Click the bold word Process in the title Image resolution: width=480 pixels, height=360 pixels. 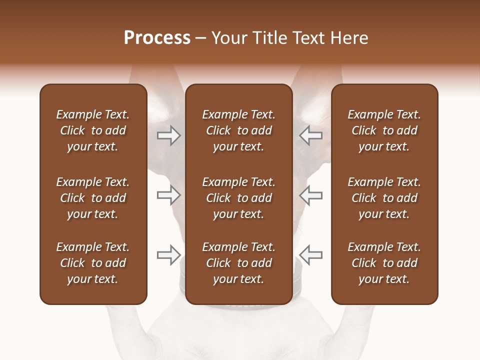157,38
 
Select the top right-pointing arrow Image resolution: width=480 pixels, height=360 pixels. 169,135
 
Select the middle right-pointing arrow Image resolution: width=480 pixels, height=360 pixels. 169,195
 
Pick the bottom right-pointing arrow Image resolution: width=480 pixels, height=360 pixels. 169,255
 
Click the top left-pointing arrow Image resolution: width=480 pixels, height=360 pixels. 310,135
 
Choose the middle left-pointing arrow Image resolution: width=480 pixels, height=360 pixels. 310,195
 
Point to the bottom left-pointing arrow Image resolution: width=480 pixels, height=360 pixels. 310,255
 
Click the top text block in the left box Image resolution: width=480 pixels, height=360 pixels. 93,130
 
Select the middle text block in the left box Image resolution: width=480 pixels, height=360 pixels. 93,198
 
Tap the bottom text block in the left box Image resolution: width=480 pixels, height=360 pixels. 93,263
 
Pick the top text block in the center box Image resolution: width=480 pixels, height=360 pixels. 238,130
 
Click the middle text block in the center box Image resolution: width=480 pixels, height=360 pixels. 238,198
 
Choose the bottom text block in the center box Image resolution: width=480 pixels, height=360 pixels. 238,263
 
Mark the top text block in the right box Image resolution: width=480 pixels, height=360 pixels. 384,130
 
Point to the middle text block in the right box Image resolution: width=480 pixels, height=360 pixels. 384,198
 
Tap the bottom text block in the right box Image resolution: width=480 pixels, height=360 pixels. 384,263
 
